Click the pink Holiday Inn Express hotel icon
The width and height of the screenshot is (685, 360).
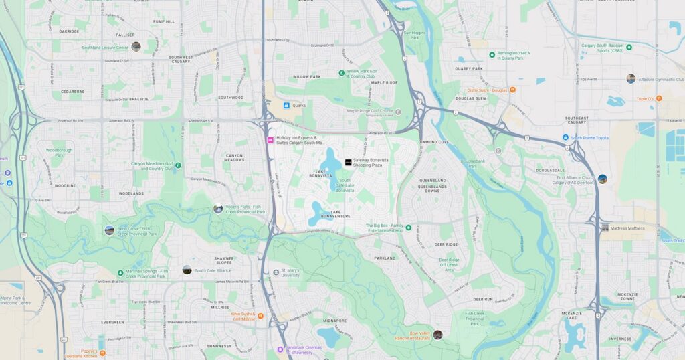coord(270,141)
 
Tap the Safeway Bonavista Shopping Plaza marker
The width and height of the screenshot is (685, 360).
coord(348,163)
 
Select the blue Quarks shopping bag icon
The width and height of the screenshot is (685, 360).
coord(286,105)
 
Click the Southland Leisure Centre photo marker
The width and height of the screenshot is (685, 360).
coord(136,47)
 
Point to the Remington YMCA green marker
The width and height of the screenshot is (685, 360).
coord(492,54)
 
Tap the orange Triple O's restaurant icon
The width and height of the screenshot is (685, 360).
coord(658,98)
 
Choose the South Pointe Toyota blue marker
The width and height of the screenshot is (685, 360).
coord(565,138)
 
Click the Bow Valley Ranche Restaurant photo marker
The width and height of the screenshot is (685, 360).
coord(437,335)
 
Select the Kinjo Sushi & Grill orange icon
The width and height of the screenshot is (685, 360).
coord(260,316)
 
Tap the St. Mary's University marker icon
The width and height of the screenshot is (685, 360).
coord(276,272)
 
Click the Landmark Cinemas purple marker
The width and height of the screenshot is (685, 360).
coord(280,349)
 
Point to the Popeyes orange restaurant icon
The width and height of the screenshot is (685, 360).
coord(102,353)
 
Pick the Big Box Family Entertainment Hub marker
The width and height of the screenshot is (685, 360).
coord(409,228)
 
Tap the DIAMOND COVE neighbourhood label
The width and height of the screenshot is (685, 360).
coord(434,142)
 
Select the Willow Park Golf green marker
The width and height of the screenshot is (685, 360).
coord(341,72)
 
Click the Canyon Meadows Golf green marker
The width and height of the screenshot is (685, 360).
coord(178,165)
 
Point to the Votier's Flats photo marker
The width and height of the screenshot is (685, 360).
coord(218,209)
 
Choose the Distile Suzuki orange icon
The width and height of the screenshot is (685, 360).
coord(513,90)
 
